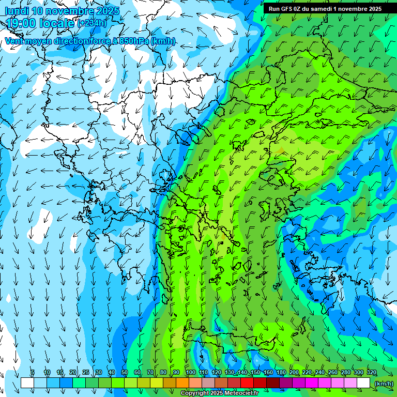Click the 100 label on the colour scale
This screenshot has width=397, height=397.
tap(191, 373)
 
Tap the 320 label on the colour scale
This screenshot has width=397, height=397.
tap(372, 373)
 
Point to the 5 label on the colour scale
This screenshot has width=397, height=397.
tap(33, 373)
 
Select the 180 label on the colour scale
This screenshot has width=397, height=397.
tap(281, 373)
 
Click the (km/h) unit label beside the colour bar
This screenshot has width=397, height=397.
tap(384, 383)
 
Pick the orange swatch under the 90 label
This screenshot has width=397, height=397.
tap(182, 383)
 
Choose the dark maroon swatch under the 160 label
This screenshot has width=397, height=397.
tap(273, 383)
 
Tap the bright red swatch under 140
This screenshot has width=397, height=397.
tap(247, 383)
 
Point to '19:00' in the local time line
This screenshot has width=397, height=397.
tap(21, 23)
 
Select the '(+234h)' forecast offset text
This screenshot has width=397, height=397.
tap(91, 23)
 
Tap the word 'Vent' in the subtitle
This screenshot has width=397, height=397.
tap(14, 41)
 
